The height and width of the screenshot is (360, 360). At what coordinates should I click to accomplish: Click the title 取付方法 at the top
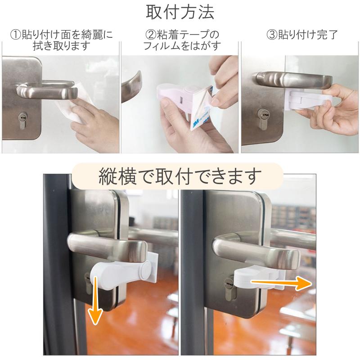point(180,12)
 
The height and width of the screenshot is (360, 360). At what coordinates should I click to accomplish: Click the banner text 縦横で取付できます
point(180,176)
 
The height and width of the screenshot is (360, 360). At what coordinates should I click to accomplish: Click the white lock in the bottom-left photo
point(119,273)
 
